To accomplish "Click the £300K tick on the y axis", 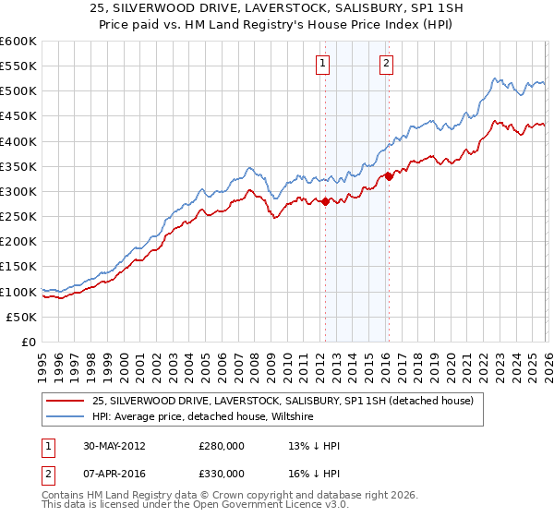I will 18,192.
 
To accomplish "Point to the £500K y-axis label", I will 18,91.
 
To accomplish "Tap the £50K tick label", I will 22,318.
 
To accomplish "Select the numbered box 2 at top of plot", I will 386,64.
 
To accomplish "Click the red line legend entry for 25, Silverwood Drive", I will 283,401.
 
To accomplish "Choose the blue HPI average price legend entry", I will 203,417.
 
